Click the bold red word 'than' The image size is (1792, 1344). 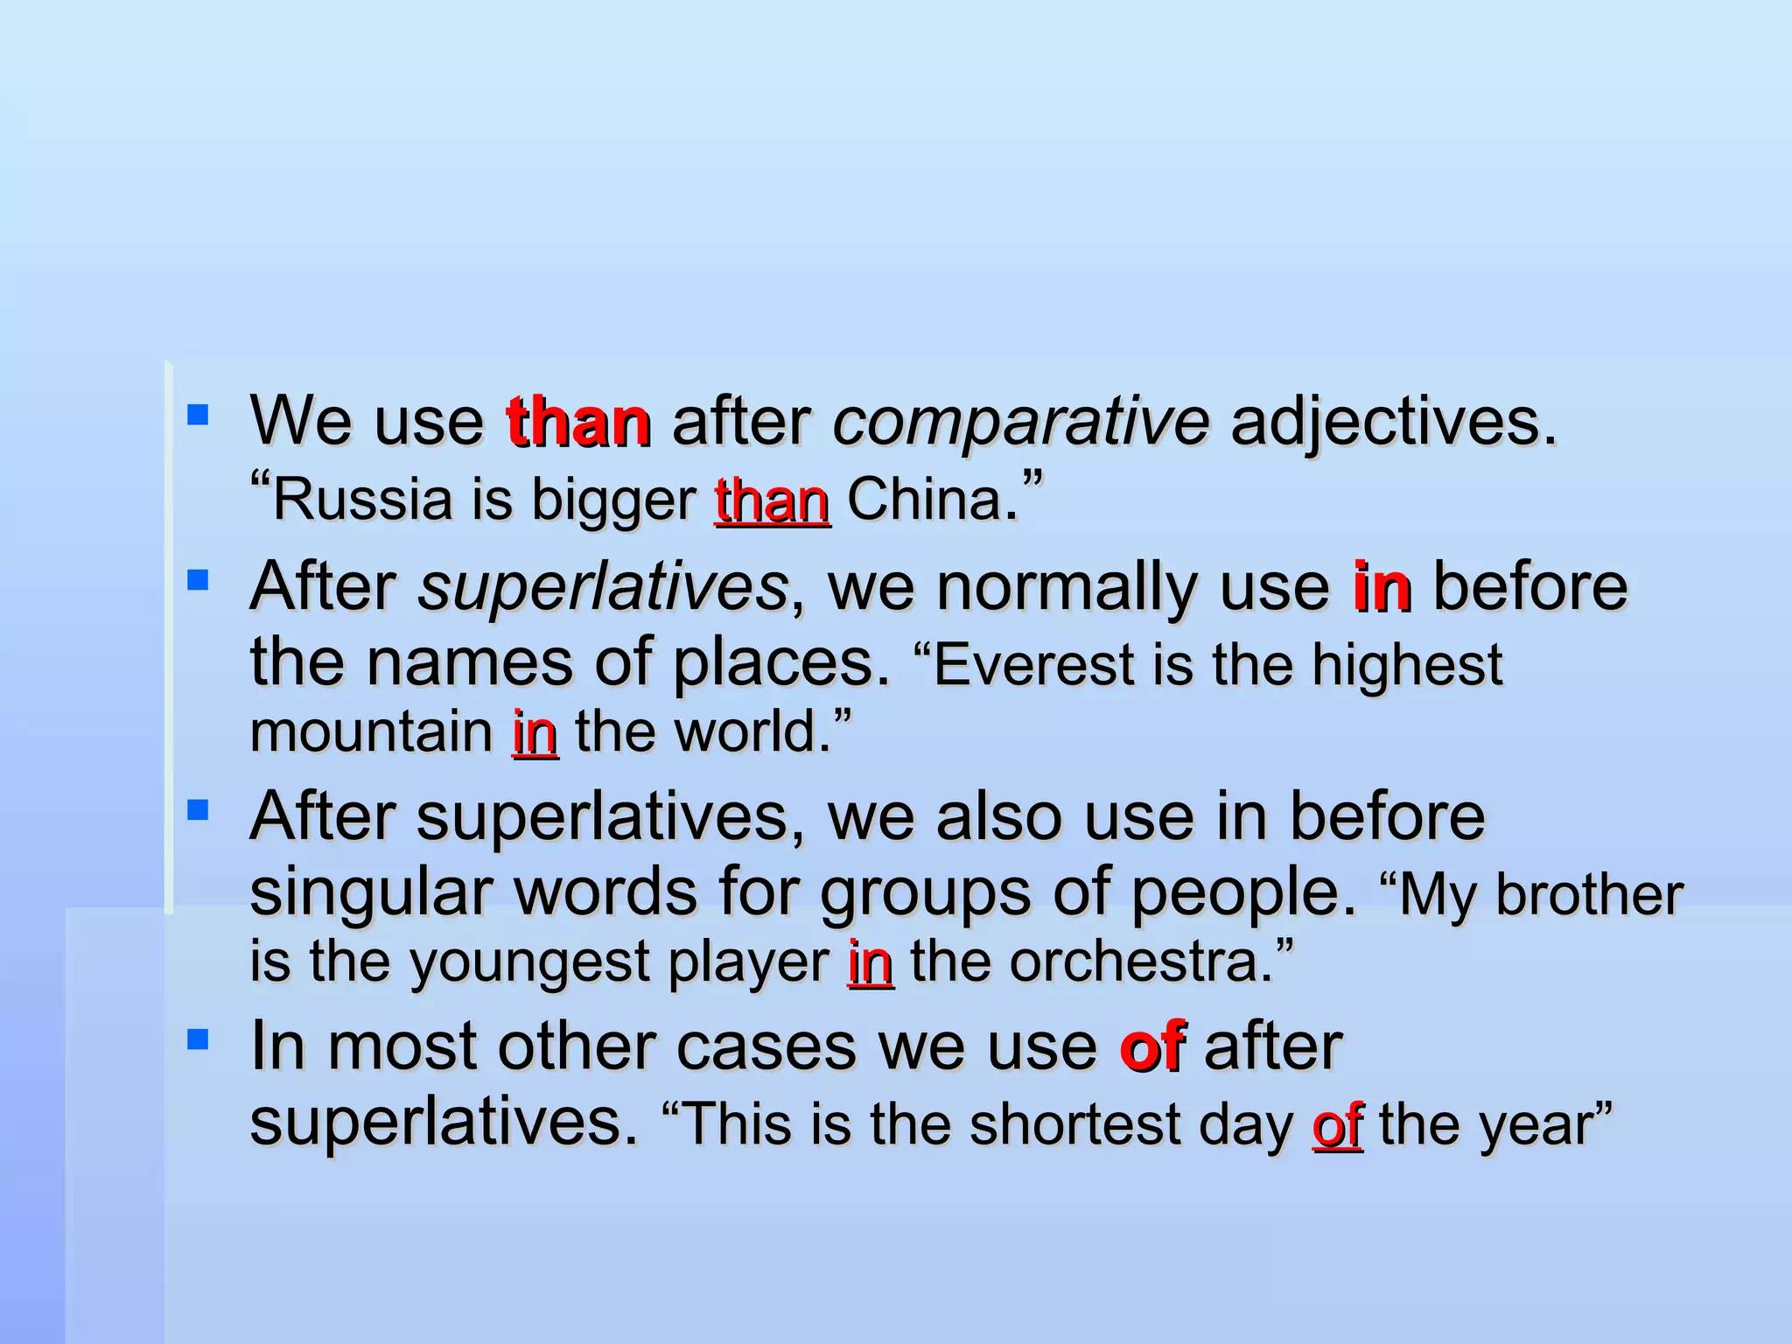[578, 423]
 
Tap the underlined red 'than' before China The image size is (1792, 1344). [772, 500]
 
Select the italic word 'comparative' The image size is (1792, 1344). [1021, 423]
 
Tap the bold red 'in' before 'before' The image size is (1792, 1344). [1381, 587]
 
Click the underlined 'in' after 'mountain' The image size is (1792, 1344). [535, 732]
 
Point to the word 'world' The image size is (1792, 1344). [744, 732]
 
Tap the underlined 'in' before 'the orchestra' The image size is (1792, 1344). [870, 962]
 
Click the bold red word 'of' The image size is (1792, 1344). [1151, 1046]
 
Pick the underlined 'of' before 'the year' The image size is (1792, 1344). [1336, 1125]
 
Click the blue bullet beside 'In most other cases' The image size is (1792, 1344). [198, 1039]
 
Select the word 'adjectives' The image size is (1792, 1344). [1393, 423]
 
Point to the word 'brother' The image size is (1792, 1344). [1589, 896]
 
